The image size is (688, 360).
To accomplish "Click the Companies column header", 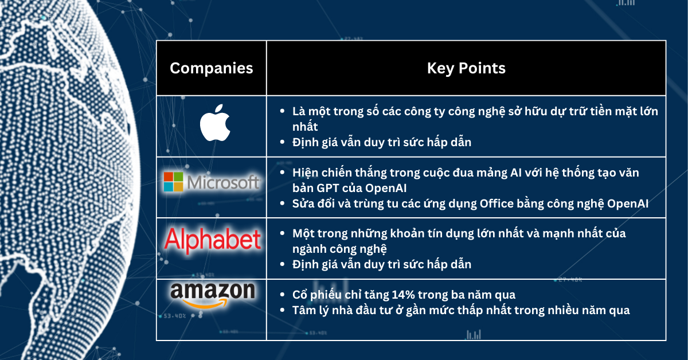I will [x=212, y=68].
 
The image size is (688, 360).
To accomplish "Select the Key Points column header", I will [x=466, y=68].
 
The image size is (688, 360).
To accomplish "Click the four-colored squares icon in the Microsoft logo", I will [x=173, y=181].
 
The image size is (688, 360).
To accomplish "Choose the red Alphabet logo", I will [x=213, y=241].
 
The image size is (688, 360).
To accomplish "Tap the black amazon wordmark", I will [x=212, y=291].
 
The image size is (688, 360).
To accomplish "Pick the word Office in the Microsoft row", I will [x=507, y=204].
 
